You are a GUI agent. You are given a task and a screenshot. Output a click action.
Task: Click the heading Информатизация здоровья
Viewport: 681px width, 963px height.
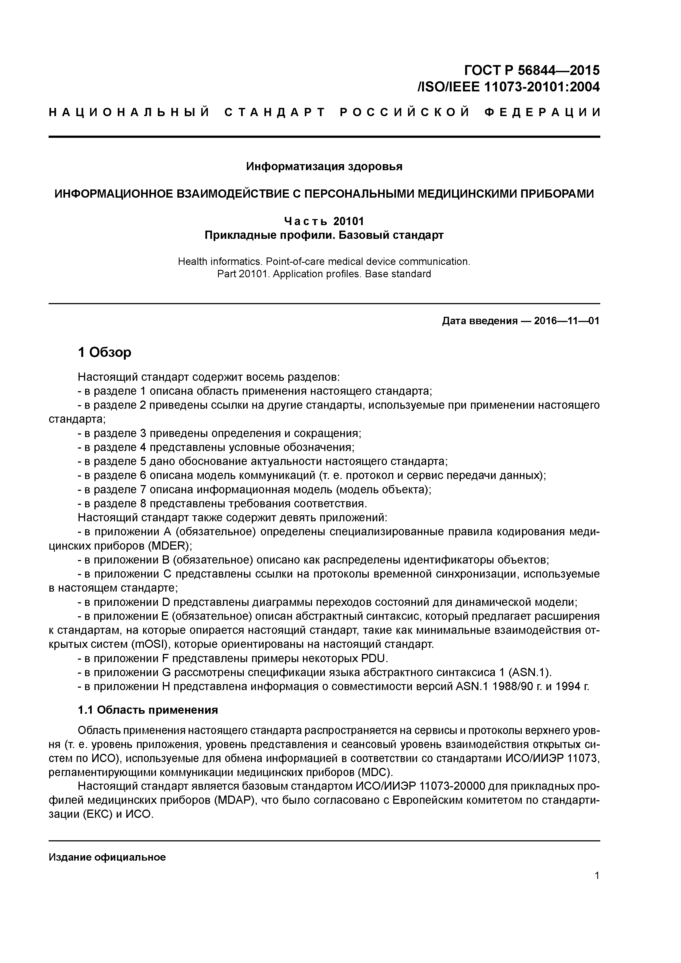click(324, 167)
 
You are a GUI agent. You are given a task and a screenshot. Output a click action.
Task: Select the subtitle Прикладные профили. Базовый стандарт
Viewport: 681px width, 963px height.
click(324, 235)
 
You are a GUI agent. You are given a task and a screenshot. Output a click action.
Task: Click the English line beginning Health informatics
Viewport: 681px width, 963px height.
click(324, 262)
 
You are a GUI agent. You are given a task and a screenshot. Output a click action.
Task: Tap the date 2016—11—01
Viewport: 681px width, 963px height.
click(566, 321)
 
